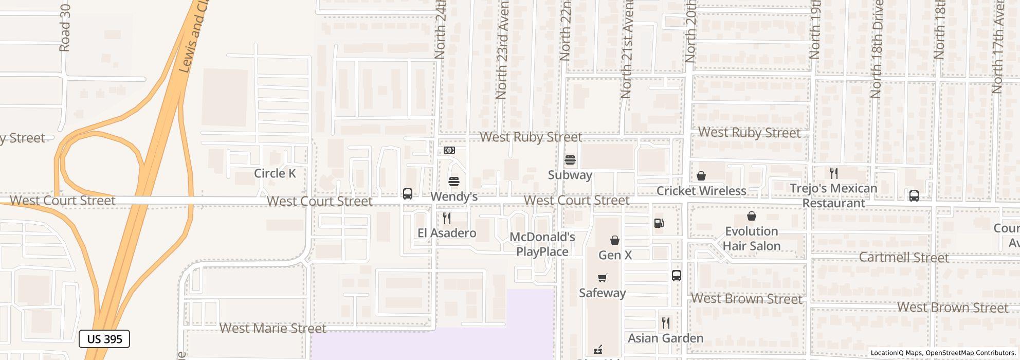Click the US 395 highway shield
tap(104, 339)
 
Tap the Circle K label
tap(275, 173)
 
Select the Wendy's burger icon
tap(453, 181)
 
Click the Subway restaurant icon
tap(570, 160)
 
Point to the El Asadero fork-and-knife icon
tap(447, 218)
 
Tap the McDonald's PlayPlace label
tap(542, 244)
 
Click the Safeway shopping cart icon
tap(603, 278)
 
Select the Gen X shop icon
tap(614, 240)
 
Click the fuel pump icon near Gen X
tap(659, 223)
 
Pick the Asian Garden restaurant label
tap(665, 338)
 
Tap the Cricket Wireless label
tap(701, 191)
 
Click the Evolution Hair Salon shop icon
tap(752, 216)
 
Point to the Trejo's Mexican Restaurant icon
tap(833, 173)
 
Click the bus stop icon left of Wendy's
tap(407, 194)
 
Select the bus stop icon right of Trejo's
tap(914, 196)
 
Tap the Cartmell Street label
tap(903, 257)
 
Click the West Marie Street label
tap(272, 328)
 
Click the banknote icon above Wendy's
tap(449, 150)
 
